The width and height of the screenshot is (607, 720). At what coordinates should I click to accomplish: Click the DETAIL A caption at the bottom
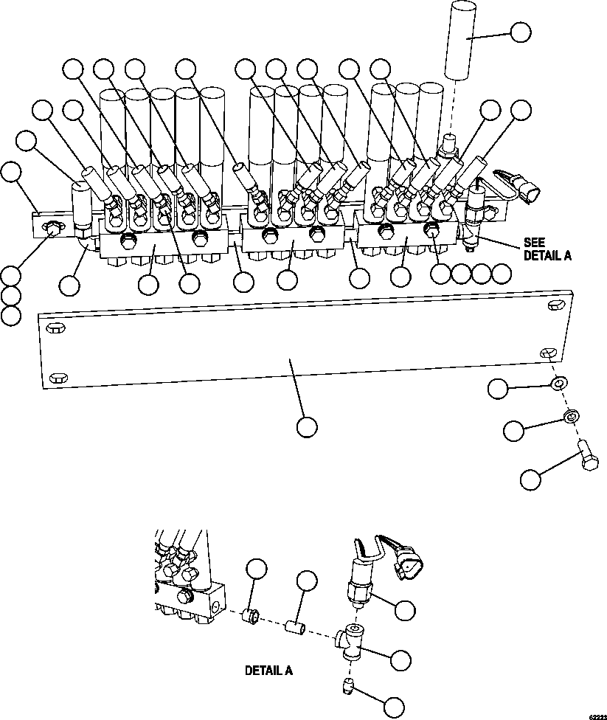click(268, 671)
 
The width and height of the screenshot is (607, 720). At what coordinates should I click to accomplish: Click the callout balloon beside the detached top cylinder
click(521, 32)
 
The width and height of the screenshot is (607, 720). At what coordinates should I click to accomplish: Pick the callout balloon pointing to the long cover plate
click(307, 426)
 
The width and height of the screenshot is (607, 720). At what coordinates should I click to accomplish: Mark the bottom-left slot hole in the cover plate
click(57, 378)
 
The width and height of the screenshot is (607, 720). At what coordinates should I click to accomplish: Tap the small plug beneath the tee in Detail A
click(347, 688)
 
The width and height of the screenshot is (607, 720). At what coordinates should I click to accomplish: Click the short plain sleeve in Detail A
click(296, 628)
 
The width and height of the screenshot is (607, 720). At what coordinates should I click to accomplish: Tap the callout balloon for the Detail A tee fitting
click(400, 660)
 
